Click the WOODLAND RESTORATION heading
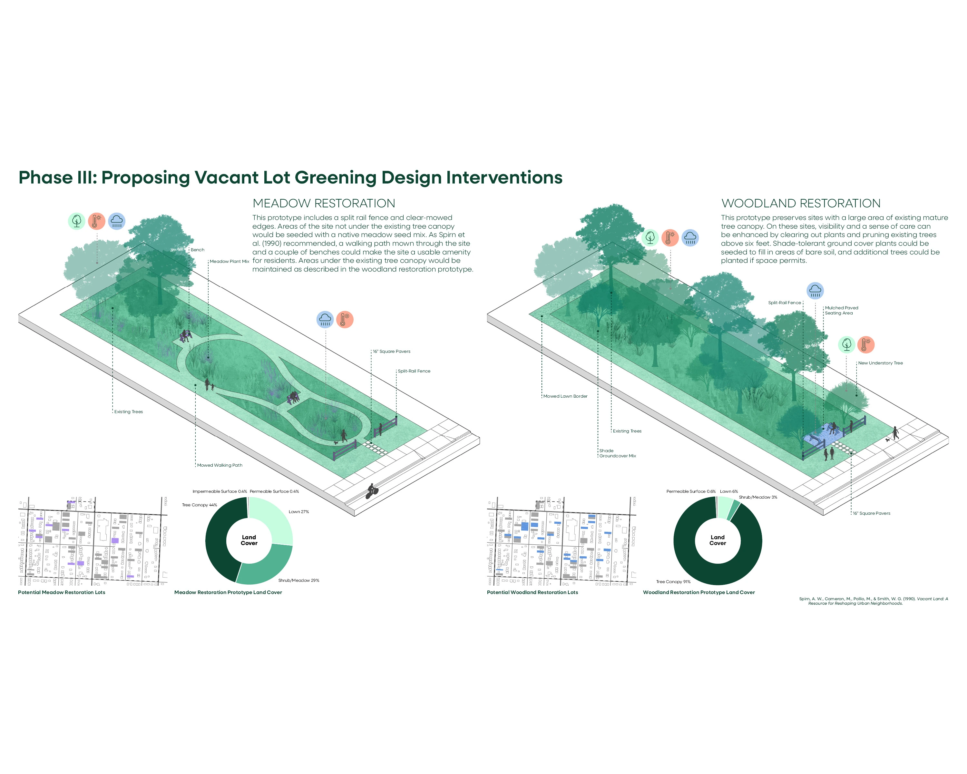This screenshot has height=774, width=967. [801, 203]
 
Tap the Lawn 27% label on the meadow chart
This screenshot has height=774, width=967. [299, 511]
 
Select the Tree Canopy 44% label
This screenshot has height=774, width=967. [199, 505]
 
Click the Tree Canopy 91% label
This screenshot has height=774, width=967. [673, 581]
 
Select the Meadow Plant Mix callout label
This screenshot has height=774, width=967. [229, 261]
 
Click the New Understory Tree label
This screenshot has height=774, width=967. [880, 363]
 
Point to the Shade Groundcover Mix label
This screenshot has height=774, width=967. [618, 453]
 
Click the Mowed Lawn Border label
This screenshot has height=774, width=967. [565, 396]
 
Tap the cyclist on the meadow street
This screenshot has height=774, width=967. [372, 491]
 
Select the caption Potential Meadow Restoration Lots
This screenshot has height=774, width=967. [62, 592]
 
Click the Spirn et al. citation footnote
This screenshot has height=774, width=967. [873, 601]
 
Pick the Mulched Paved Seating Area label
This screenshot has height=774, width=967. [841, 311]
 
